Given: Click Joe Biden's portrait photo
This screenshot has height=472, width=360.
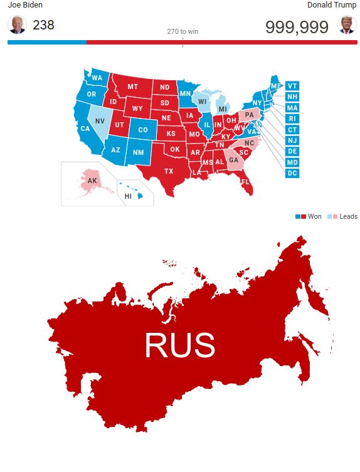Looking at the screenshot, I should click(16, 25).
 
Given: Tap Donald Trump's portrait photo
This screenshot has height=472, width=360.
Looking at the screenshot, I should click(346, 25).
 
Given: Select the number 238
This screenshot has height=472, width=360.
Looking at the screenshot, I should click(43, 25).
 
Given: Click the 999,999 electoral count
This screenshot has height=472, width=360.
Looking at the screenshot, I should click(297, 26).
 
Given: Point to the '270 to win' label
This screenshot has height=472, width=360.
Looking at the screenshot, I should click(183, 31).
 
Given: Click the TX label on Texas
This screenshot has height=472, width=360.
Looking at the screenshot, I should click(169, 171).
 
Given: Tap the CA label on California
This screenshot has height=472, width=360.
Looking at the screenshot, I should click(85, 128).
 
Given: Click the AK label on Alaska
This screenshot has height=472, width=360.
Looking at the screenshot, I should click(92, 181).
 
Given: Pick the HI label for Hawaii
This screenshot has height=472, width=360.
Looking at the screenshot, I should click(128, 196).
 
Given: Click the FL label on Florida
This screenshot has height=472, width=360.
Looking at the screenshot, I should click(245, 182).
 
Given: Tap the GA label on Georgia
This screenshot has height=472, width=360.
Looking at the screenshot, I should click(233, 160).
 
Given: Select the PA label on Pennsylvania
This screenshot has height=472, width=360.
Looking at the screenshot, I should click(250, 115).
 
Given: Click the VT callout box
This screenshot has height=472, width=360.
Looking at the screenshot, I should click(292, 85).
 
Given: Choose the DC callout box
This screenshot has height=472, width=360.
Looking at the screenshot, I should click(292, 173).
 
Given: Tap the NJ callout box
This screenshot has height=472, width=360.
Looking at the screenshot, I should click(292, 140).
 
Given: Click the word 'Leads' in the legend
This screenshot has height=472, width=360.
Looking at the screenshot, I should click(348, 216).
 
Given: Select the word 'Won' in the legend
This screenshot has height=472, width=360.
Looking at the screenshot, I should click(315, 216).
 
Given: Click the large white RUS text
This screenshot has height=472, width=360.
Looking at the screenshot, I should click(179, 345).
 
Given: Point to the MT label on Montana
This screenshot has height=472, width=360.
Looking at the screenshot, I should click(132, 87).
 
